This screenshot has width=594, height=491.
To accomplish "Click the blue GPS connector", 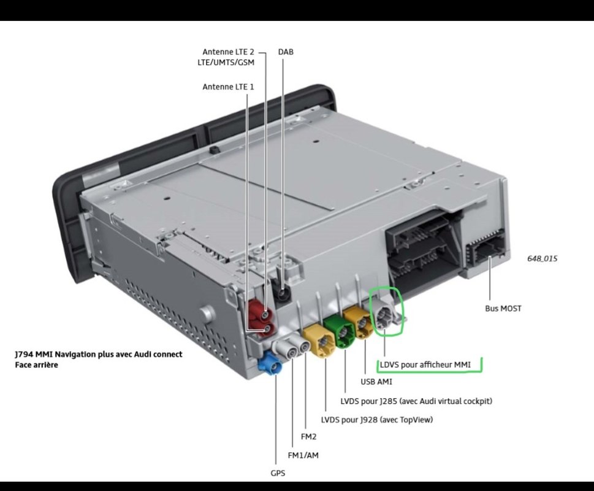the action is [x=269, y=363].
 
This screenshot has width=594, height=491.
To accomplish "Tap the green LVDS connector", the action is [x=339, y=331].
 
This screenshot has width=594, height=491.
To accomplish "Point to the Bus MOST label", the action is [x=503, y=309].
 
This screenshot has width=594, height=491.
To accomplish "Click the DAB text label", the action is [x=286, y=52].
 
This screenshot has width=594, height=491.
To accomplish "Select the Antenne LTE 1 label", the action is [x=228, y=87].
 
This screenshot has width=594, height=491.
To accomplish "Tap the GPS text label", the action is [x=278, y=473].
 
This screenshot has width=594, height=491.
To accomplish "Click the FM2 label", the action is [x=308, y=437].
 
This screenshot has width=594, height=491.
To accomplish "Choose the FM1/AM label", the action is [x=303, y=455].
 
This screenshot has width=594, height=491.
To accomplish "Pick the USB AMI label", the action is [x=376, y=382].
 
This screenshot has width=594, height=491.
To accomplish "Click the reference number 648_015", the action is [x=542, y=258].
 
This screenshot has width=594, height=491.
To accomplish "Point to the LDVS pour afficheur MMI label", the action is [x=425, y=365].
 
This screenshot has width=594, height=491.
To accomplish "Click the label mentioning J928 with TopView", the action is [x=376, y=420].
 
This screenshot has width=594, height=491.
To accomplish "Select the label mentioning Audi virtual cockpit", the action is [x=416, y=401].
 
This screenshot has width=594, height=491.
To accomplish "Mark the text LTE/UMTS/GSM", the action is [x=226, y=63].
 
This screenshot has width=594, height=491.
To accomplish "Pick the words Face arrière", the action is [x=36, y=365].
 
